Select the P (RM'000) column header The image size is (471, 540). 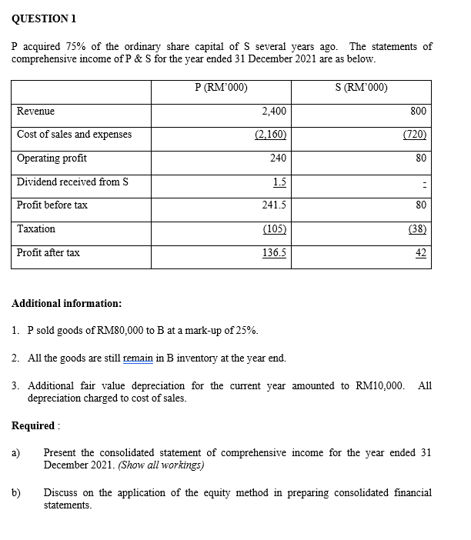point(222,87)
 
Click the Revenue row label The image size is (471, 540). point(35,112)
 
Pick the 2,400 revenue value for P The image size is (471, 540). point(274,112)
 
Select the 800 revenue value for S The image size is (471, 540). point(419,112)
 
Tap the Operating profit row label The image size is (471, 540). point(52,158)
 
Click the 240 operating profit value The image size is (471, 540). point(278,158)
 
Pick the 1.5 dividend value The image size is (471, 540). point(280,182)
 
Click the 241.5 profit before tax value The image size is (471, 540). point(274,205)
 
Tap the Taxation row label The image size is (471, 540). point(36,229)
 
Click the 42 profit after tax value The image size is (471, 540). point(420,252)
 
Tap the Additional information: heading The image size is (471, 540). point(66,304)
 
